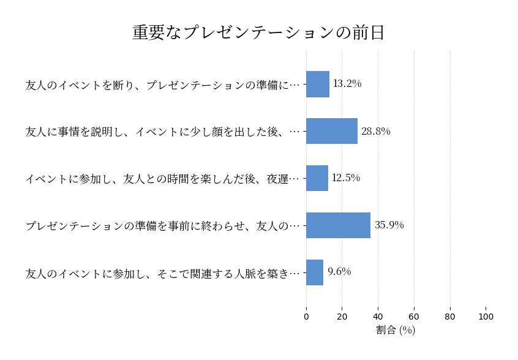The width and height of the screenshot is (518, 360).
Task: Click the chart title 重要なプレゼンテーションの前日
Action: point(258,32)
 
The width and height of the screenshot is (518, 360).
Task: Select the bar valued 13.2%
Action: point(318,84)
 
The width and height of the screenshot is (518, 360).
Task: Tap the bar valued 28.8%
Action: point(332,131)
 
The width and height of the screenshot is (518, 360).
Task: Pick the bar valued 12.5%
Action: point(317,178)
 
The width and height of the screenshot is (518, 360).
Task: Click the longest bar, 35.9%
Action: point(338,225)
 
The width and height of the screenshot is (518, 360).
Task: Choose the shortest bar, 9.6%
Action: point(315,272)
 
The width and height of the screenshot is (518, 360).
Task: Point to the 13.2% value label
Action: point(347,84)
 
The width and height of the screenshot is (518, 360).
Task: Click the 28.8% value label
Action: point(375,131)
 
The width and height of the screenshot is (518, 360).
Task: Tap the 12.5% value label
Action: point(346,178)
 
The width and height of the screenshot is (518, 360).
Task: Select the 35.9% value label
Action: point(389,225)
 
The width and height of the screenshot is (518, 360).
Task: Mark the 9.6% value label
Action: point(339,272)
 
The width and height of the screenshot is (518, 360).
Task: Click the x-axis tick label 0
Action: point(306,317)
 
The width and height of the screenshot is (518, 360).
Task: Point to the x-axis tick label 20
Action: point(342,317)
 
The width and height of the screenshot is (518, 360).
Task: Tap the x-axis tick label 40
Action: point(378,317)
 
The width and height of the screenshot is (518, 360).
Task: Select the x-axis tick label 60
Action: point(414,317)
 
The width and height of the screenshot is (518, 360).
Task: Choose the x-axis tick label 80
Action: point(450,317)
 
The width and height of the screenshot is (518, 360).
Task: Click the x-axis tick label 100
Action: point(486,317)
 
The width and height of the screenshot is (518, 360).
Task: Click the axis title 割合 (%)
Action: point(396,330)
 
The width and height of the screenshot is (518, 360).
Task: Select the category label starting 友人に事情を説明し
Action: point(163,132)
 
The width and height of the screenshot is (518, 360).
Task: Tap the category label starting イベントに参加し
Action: point(163,179)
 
